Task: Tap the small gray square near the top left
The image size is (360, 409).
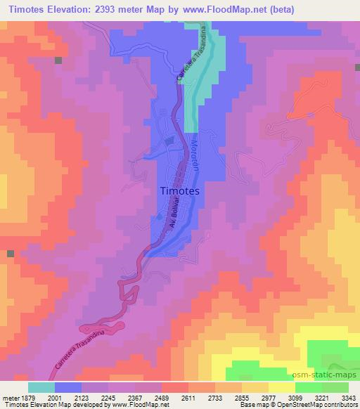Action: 59,60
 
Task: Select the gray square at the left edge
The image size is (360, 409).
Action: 10,253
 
